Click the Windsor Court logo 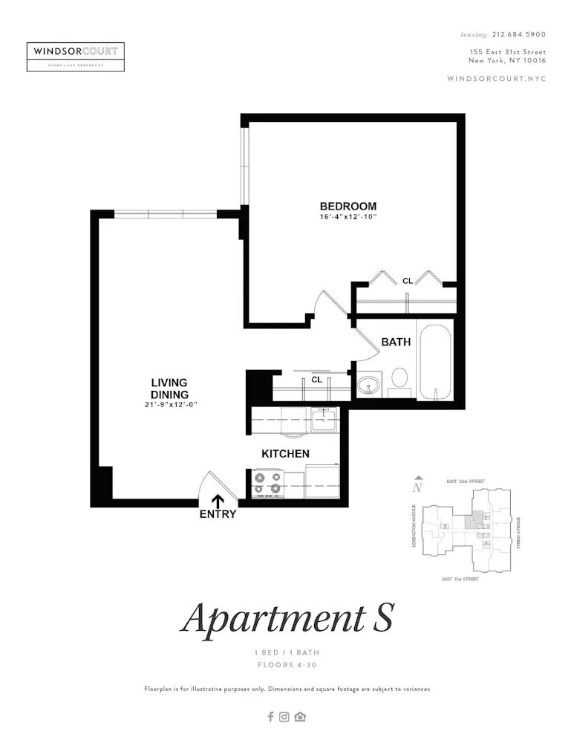click(x=76, y=56)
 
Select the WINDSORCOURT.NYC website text click(x=497, y=79)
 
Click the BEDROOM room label click(x=348, y=207)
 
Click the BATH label click(x=396, y=342)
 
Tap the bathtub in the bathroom click(x=435, y=363)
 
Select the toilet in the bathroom click(x=400, y=378)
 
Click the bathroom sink click(x=369, y=385)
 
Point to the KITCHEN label click(x=285, y=453)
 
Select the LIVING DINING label click(x=169, y=389)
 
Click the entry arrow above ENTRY click(x=218, y=502)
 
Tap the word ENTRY click(x=218, y=514)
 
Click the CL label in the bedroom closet click(x=408, y=281)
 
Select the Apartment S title click(x=287, y=617)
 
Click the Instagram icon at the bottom click(x=284, y=717)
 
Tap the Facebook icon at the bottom click(x=270, y=717)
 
